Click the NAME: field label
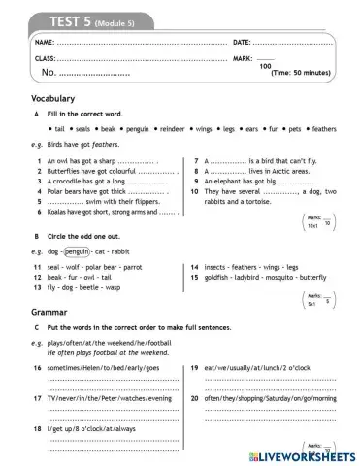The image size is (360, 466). click(45, 43)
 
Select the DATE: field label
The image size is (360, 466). click(245, 43)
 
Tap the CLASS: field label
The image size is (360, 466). click(46, 59)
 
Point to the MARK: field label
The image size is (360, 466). click(245, 59)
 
